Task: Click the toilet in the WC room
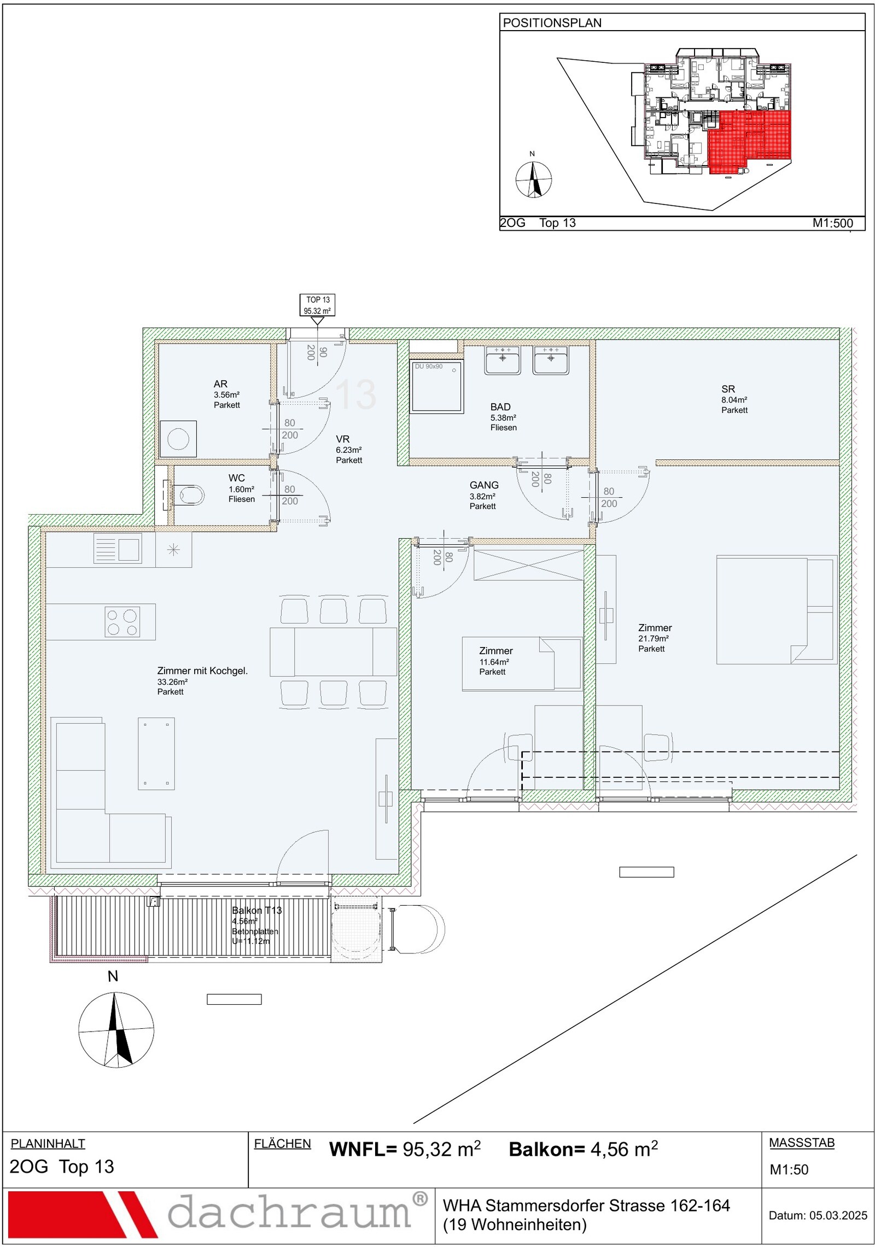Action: [x=184, y=495]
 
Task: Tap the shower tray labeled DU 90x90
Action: [x=437, y=386]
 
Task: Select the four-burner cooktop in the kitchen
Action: [x=122, y=622]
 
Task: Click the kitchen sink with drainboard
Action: [x=118, y=549]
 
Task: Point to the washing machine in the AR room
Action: [x=178, y=439]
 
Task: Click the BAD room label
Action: [x=500, y=407]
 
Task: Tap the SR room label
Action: [x=728, y=389]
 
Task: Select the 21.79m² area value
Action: [x=654, y=638]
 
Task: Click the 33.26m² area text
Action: [x=172, y=681]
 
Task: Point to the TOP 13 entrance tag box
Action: [x=318, y=305]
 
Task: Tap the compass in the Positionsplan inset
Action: [x=534, y=179]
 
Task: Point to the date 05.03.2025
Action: [x=838, y=1215]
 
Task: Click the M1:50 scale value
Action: [x=789, y=1169]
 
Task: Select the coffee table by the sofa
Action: [x=156, y=753]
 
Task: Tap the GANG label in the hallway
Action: [x=484, y=485]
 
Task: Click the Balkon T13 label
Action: [x=256, y=910]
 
